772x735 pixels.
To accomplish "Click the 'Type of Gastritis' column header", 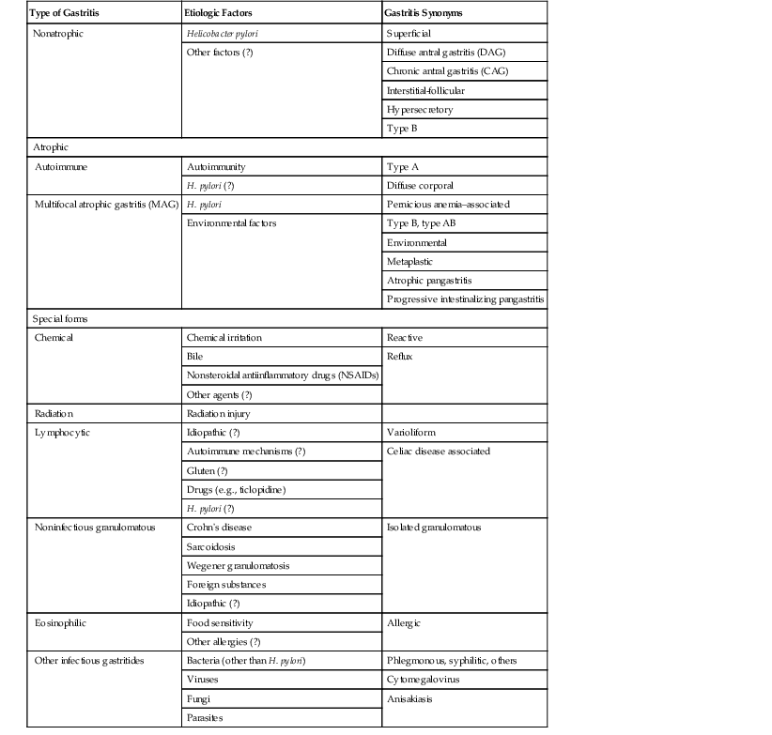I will point(68,13).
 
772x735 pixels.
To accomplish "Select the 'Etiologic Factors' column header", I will point(223,13).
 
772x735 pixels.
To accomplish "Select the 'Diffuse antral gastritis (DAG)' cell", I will point(453,52).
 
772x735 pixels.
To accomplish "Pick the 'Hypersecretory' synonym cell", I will point(420,109).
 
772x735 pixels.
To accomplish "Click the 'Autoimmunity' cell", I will point(217,166).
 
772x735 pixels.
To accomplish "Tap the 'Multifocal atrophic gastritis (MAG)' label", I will point(106,204).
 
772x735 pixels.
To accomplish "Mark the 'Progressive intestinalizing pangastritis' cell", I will point(466,299).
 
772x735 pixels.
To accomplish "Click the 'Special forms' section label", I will point(60,319).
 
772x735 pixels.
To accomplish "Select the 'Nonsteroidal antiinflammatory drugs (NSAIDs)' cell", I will point(281,375).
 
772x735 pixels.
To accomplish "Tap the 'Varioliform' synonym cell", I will point(411,433).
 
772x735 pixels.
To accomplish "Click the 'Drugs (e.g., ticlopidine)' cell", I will point(237,489).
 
